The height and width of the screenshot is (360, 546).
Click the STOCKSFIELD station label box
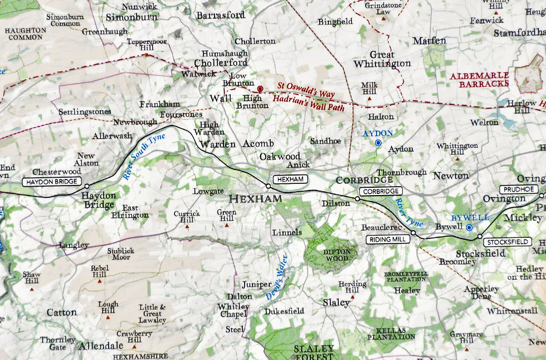(x=507, y=242)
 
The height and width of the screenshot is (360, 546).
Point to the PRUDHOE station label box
(x=518, y=189)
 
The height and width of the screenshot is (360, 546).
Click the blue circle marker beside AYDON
(x=378, y=143)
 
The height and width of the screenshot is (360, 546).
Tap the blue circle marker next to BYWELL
(x=469, y=227)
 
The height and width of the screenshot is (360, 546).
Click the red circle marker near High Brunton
(x=260, y=89)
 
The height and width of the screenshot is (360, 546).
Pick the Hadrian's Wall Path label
(x=309, y=103)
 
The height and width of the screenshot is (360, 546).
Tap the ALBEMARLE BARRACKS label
(x=480, y=79)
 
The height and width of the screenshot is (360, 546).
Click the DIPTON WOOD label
(x=336, y=255)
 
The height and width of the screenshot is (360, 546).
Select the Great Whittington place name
(x=382, y=59)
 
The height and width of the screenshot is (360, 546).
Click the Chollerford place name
(x=221, y=62)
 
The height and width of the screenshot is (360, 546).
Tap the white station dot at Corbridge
(x=357, y=198)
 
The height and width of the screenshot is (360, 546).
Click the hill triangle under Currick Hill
(x=187, y=226)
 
